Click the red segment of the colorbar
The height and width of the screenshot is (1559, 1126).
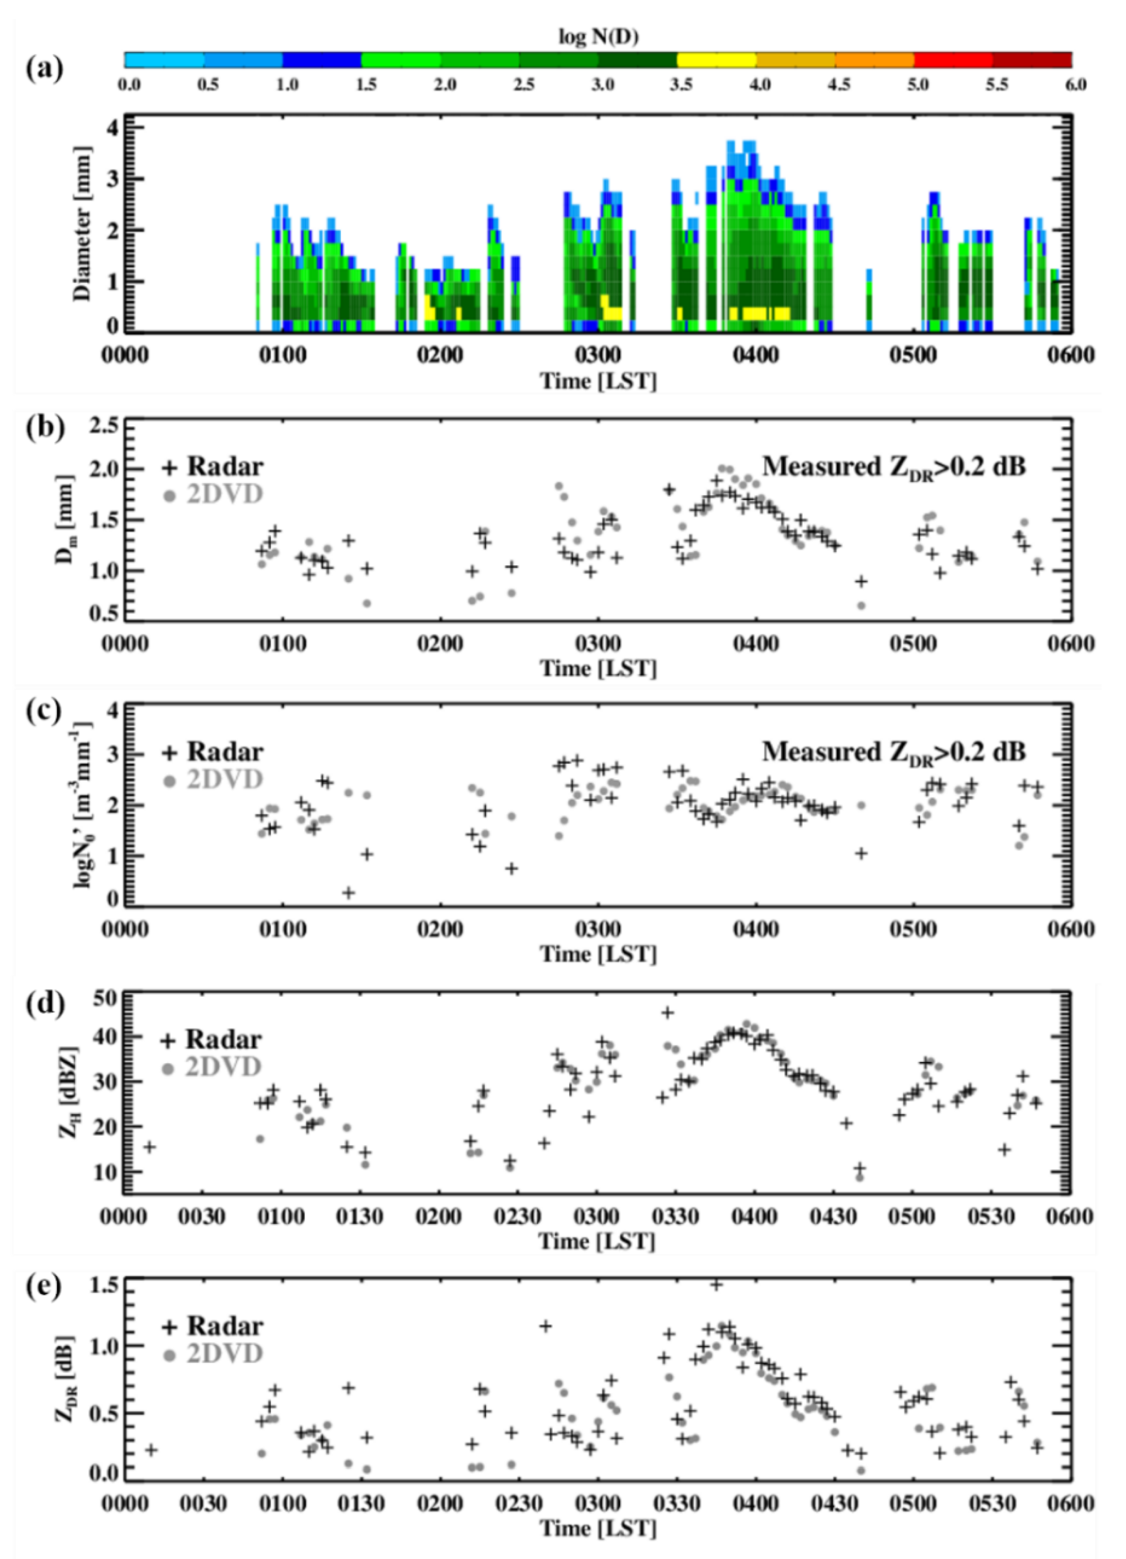953,60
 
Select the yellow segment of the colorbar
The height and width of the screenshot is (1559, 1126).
716,60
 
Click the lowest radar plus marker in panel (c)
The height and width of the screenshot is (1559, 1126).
349,893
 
